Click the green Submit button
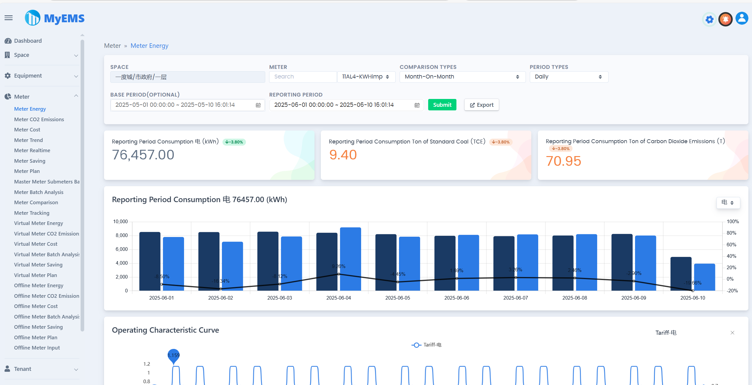pos(442,105)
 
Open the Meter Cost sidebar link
pos(27,130)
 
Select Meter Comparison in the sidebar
pos(36,202)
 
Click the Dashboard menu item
pos(28,41)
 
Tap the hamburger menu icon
pos(9,18)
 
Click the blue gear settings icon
pos(709,20)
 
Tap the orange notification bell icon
pos(725,20)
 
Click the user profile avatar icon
pos(742,19)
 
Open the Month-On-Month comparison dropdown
pos(462,77)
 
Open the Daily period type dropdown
pos(569,77)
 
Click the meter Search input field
pos(302,77)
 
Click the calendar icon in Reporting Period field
pos(417,105)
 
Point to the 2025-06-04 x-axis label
pos(339,298)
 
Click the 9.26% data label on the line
pos(339,266)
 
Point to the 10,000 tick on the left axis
pos(120,222)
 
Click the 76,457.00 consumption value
pos(143,155)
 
